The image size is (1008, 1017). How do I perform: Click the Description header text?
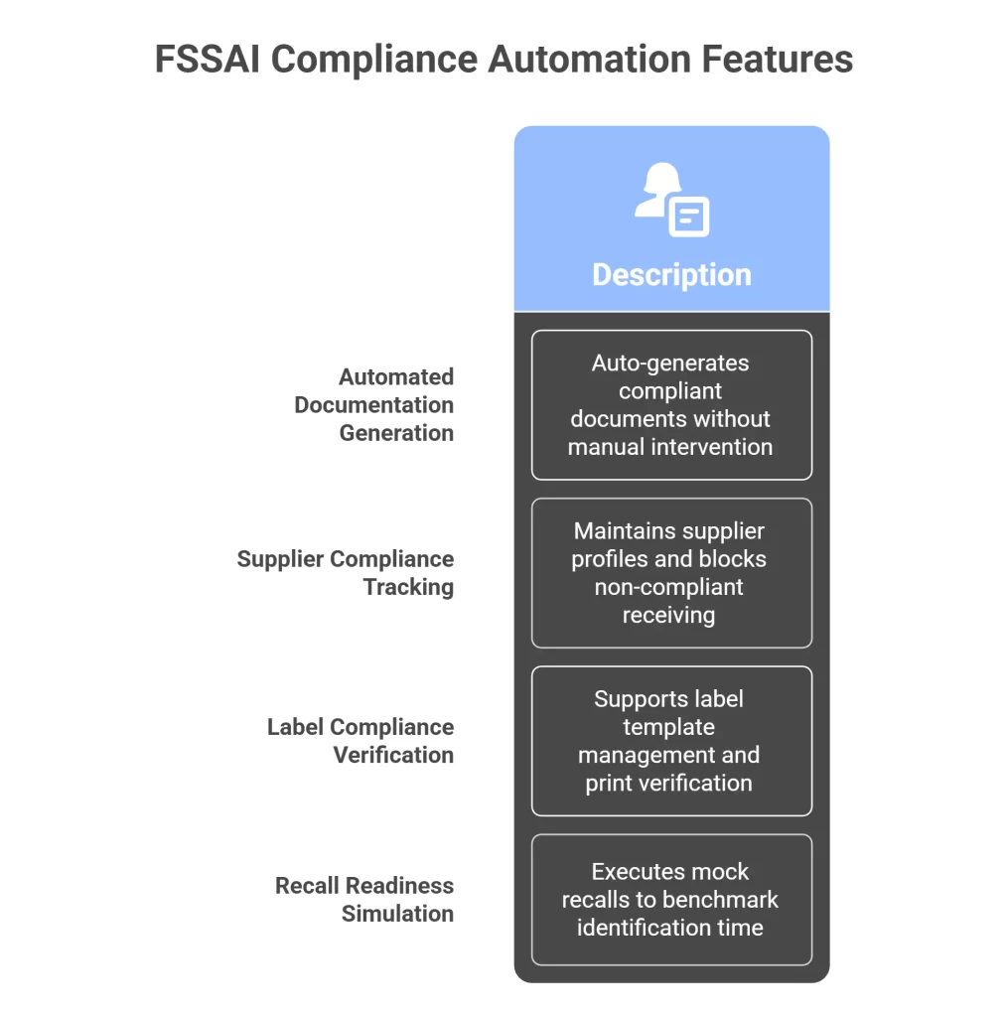click(671, 274)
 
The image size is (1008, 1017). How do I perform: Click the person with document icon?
click(671, 199)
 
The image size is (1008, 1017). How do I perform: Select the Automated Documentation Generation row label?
click(374, 404)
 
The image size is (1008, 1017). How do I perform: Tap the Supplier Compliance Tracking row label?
click(345, 572)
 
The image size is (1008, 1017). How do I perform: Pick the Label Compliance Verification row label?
click(360, 740)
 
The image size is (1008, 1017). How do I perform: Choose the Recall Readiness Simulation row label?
click(364, 899)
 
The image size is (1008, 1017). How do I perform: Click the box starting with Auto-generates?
click(671, 404)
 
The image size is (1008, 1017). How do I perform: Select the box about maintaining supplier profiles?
click(671, 572)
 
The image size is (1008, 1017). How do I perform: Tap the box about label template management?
click(671, 740)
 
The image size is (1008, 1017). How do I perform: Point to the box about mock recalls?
click(671, 899)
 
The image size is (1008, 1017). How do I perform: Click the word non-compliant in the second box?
click(668, 587)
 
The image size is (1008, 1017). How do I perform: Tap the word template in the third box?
click(668, 727)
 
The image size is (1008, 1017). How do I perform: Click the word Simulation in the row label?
click(397, 914)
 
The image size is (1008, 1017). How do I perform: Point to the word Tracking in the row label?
click(408, 587)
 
